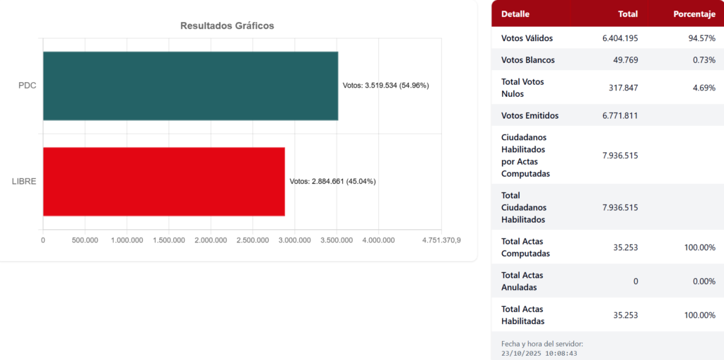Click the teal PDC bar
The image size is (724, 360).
[190, 86]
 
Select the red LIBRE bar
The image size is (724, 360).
[163, 181]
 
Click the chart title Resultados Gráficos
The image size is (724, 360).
[227, 25]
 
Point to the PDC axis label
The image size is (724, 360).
[28, 86]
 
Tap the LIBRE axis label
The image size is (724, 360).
[24, 181]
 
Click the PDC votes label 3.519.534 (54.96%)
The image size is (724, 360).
[385, 86]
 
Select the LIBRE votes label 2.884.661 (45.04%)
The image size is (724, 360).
[332, 181]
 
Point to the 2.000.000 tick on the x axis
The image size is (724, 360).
[211, 240]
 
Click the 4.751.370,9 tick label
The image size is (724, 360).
[441, 240]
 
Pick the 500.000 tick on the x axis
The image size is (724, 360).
[85, 240]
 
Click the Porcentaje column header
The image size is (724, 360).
[694, 14]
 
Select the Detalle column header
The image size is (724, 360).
[515, 14]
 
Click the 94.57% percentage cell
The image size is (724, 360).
[702, 38]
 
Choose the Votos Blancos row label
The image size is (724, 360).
[527, 60]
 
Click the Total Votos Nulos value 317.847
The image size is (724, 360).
[622, 88]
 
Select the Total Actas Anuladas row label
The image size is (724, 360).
[522, 281]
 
